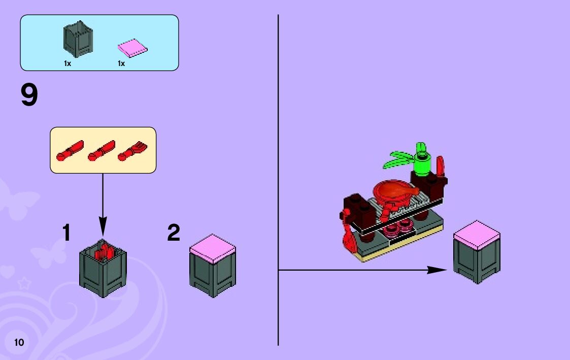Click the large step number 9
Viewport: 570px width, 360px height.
[29, 95]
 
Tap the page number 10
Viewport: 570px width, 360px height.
[19, 342]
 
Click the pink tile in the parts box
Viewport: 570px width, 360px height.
[132, 48]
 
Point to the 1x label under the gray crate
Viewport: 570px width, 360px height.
[67, 63]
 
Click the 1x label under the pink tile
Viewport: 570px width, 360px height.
[121, 63]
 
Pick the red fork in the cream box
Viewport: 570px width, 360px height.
[131, 151]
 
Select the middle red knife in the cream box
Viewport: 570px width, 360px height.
[102, 151]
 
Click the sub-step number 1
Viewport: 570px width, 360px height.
[66, 233]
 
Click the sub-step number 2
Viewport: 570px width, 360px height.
[174, 233]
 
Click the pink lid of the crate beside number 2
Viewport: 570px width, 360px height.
[213, 247]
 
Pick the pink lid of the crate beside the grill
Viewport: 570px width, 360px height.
[477, 234]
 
